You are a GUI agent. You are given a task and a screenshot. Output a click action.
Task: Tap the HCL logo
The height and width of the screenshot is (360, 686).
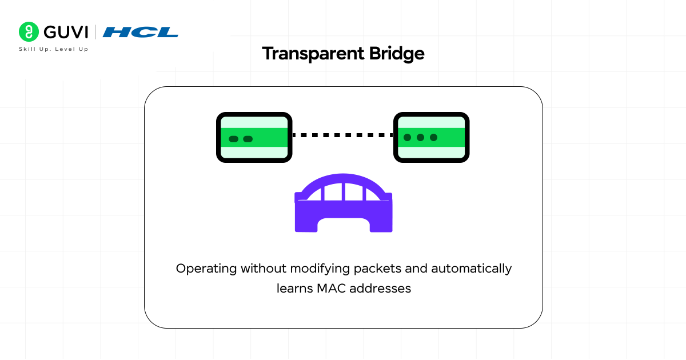click(141, 32)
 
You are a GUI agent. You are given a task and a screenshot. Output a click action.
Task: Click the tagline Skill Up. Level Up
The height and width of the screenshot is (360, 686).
click(54, 49)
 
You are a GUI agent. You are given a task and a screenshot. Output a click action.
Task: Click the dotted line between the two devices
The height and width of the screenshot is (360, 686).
click(342, 135)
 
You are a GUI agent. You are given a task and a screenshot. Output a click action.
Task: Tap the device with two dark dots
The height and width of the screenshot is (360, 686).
click(254, 138)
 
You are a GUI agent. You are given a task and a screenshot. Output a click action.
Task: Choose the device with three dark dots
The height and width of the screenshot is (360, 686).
click(432, 138)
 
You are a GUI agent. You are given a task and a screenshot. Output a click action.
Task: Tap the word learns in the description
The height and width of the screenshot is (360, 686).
click(294, 289)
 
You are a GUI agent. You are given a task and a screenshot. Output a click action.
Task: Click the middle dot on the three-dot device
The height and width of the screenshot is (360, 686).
click(420, 138)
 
